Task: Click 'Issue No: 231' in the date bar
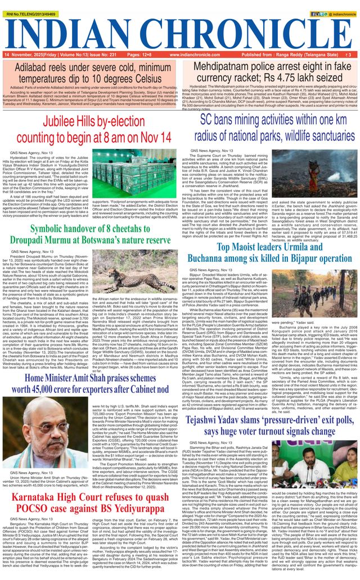[x=101, y=55]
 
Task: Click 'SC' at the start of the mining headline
[x=208, y=119]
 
